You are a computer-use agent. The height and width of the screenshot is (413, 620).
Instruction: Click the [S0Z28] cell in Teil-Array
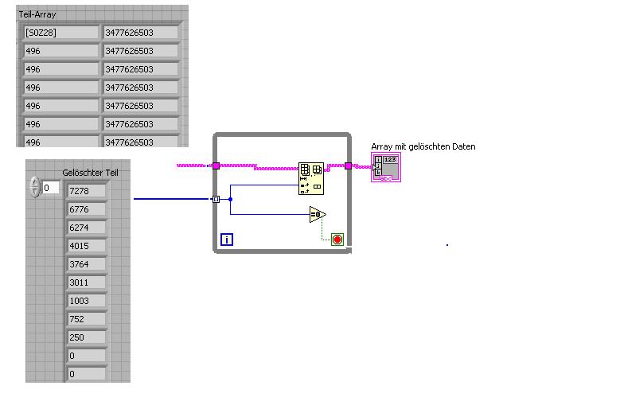60,33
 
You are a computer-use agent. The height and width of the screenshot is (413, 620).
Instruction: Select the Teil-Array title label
37,14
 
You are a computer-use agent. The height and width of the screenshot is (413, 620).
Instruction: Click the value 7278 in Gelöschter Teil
86,191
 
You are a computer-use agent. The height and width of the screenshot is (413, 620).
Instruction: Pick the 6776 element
86,209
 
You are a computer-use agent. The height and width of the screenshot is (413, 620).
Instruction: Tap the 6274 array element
86,228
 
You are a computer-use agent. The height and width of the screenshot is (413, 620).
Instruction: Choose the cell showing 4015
86,246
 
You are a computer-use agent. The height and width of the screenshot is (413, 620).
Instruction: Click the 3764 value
86,264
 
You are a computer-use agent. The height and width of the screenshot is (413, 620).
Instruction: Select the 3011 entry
86,282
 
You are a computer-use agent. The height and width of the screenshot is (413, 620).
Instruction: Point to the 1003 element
86,301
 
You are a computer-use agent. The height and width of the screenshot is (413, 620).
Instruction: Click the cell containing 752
86,319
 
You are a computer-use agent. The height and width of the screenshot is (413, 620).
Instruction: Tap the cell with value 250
86,337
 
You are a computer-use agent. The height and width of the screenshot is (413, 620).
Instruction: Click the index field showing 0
50,188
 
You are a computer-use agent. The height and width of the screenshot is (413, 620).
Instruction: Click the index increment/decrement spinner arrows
34,187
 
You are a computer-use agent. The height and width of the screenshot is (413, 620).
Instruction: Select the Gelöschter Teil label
91,173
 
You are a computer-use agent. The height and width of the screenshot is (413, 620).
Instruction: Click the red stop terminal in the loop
337,239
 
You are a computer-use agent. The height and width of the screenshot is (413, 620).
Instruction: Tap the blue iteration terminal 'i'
227,239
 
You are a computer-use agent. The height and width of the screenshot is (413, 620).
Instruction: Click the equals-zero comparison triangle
318,214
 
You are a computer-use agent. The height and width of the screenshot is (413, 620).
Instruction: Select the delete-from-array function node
310,178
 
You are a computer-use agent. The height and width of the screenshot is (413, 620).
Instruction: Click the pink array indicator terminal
386,168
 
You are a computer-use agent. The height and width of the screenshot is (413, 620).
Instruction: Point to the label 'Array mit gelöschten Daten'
423,146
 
